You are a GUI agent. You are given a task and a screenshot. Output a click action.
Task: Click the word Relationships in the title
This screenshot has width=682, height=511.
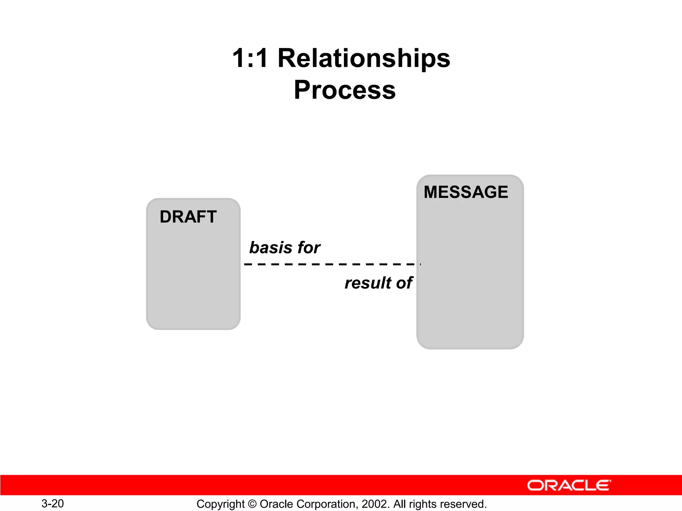pos(364,58)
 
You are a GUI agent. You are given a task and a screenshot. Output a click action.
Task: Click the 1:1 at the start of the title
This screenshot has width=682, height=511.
pos(250,58)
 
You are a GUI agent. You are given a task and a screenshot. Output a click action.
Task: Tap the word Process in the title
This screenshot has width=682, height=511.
pos(345,90)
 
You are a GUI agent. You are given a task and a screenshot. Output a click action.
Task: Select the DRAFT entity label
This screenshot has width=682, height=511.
pos(188,217)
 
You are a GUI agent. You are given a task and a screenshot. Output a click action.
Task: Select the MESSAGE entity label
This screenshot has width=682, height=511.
pos(466,192)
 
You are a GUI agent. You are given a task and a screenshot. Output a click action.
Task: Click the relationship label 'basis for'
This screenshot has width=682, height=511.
pos(285,248)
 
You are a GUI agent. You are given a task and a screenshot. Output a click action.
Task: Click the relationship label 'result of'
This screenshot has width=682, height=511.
pos(378,283)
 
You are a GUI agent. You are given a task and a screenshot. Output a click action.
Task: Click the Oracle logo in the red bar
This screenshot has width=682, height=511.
pos(569,485)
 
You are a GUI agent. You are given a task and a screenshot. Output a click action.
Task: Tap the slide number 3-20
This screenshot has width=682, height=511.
pos(53,503)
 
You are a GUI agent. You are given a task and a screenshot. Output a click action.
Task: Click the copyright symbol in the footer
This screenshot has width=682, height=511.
pos(252,504)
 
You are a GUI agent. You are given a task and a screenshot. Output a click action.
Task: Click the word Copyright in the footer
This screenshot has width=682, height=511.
pos(220,504)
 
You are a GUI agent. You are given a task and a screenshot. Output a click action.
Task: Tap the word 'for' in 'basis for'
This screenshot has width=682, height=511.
pos(309,248)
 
